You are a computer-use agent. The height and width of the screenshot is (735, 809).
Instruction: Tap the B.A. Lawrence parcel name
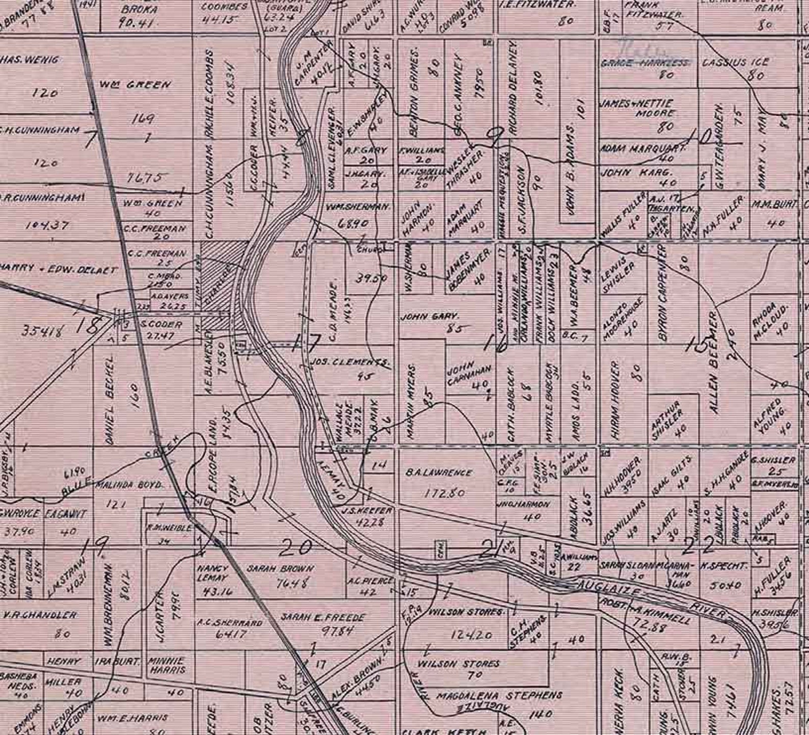pyautogui.click(x=439, y=473)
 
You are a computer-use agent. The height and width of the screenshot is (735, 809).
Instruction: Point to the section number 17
pyautogui.click(x=306, y=343)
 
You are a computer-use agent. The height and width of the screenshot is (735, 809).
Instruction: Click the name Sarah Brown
pyautogui.click(x=281, y=568)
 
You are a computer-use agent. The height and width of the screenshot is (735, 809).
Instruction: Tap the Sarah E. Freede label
pyautogui.click(x=323, y=618)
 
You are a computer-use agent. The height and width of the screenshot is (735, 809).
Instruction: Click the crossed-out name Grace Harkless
pyautogui.click(x=644, y=63)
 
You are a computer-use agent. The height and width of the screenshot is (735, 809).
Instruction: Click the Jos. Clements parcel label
pyautogui.click(x=349, y=363)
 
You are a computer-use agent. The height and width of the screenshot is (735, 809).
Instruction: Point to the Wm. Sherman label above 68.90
pyautogui.click(x=358, y=207)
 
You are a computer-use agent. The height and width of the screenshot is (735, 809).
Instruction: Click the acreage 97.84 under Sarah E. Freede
pyautogui.click(x=338, y=631)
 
